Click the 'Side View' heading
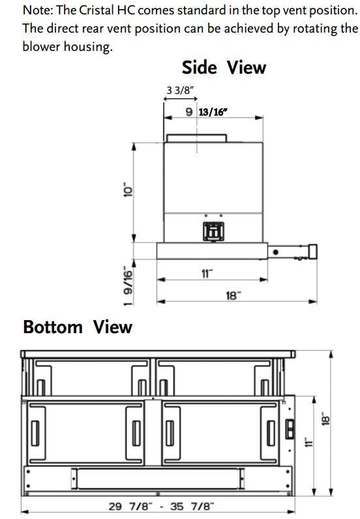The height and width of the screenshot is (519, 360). pyautogui.click(x=224, y=68)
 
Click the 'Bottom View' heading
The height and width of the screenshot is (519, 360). pyautogui.click(x=78, y=327)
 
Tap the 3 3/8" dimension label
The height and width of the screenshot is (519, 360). pyautogui.click(x=180, y=90)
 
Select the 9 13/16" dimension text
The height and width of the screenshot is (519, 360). pyautogui.click(x=206, y=112)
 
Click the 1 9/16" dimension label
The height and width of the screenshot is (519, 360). pyautogui.click(x=128, y=286)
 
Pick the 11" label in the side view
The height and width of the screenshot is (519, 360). pyautogui.click(x=207, y=274)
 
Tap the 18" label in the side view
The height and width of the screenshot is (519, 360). pyautogui.click(x=233, y=295)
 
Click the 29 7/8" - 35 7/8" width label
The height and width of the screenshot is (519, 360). pyautogui.click(x=161, y=507)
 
